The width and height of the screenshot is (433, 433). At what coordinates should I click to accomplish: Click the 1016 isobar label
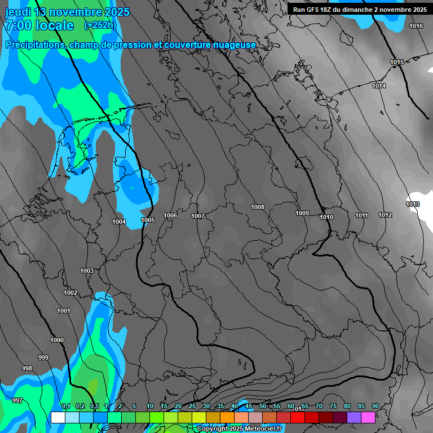click(416, 26)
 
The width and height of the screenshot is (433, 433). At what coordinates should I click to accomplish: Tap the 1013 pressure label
click(413, 204)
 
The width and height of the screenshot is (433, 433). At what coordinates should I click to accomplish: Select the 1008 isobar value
click(258, 207)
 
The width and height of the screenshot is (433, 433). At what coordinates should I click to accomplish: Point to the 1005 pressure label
click(148, 220)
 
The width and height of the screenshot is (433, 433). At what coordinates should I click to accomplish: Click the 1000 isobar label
click(57, 340)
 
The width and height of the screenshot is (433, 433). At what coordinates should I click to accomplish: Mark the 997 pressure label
click(17, 400)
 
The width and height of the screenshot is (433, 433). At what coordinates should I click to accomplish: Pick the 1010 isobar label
click(326, 217)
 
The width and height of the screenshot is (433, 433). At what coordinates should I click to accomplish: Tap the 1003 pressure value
click(87, 271)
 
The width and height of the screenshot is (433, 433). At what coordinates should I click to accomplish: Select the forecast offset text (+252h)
click(100, 25)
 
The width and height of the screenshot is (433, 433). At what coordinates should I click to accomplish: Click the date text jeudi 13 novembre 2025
click(67, 12)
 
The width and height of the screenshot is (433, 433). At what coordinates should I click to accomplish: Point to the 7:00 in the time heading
click(17, 25)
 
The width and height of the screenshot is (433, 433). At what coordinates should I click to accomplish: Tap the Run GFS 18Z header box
click(359, 10)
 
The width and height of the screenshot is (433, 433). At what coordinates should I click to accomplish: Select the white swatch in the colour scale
click(58, 417)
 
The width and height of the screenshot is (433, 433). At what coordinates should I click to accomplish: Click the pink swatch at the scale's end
click(368, 417)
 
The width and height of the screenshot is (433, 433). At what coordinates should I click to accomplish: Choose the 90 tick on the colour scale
click(375, 407)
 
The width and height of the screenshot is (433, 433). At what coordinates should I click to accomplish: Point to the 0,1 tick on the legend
click(65, 407)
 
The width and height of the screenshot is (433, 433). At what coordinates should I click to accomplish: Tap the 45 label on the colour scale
click(249, 407)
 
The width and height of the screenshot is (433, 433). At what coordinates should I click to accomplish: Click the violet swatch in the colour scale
click(354, 417)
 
